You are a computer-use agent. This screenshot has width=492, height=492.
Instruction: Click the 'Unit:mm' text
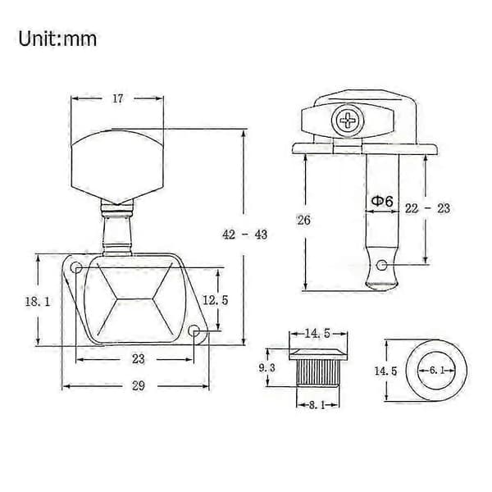tap(57, 39)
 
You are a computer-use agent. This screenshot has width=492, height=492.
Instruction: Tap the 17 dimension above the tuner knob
tap(118, 98)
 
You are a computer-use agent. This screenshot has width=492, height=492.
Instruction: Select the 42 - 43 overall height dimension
tap(244, 235)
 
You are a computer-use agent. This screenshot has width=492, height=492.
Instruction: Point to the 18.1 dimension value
tap(38, 302)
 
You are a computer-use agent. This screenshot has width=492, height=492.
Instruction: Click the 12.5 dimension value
tap(215, 300)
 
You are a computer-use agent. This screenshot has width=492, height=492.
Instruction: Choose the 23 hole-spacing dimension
tap(138, 359)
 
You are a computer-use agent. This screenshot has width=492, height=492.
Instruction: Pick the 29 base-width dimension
tap(139, 385)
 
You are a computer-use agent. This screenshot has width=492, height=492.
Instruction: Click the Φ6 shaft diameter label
tap(382, 201)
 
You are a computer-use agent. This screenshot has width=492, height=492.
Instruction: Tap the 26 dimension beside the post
tap(303, 221)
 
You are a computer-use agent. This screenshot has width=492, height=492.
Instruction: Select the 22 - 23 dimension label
tap(427, 208)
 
